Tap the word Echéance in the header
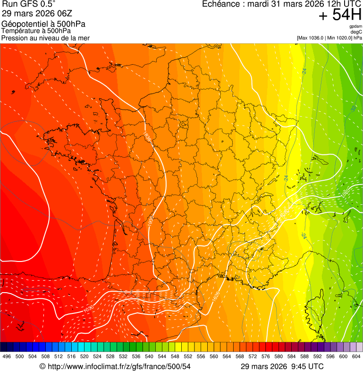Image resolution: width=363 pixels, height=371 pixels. coord(221,4)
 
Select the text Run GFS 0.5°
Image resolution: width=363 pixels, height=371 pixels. coord(29,5)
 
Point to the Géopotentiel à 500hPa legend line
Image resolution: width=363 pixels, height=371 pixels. coord(43,24)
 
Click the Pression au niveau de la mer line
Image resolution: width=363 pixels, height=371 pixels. coord(45,38)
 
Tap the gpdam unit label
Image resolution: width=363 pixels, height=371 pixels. coord(355,26)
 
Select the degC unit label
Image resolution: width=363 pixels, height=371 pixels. coord(357,32)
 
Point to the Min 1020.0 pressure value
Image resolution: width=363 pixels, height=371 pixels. coord(338,38)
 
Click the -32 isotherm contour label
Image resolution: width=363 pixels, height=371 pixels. coord(353,109)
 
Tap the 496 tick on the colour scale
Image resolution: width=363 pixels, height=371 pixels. coord(7,356)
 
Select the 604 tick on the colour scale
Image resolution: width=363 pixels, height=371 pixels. coord(356,356)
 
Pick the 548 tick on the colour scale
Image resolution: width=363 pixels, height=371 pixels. coord(175,356)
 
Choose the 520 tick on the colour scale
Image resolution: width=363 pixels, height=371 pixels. coord(84,356)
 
